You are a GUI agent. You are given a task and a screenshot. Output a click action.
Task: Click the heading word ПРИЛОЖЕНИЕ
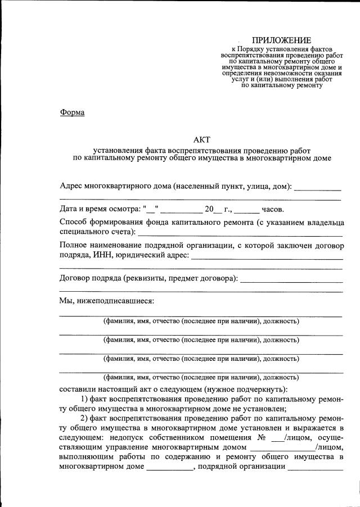[x=281, y=40]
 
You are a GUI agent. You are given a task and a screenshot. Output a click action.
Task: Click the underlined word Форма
[x=72, y=112]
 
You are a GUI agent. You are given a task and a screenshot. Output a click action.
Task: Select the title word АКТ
[x=201, y=139]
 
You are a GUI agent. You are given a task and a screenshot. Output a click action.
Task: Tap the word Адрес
[x=70, y=186]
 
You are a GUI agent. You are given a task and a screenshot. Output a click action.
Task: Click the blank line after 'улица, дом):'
[x=317, y=188]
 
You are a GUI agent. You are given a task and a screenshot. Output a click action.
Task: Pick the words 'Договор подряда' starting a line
[x=86, y=278]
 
